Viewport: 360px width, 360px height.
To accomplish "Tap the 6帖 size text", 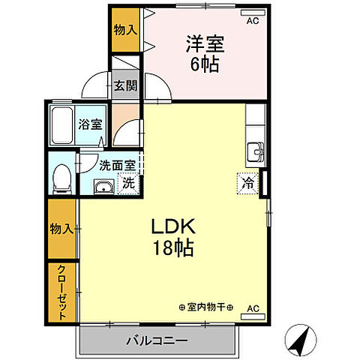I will pos(205,64).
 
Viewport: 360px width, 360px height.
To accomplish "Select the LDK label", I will pos(175,226).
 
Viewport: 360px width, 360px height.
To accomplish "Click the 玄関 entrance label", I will pos(125,85).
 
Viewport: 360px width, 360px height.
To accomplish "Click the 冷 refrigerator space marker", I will pos(247,181).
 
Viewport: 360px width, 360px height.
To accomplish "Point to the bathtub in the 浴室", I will pos(61,124).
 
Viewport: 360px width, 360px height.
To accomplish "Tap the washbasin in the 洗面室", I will pos(103,187).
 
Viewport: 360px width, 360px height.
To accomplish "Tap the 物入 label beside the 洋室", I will pos(124,30).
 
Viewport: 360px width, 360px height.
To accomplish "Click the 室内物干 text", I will pos(207,307).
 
